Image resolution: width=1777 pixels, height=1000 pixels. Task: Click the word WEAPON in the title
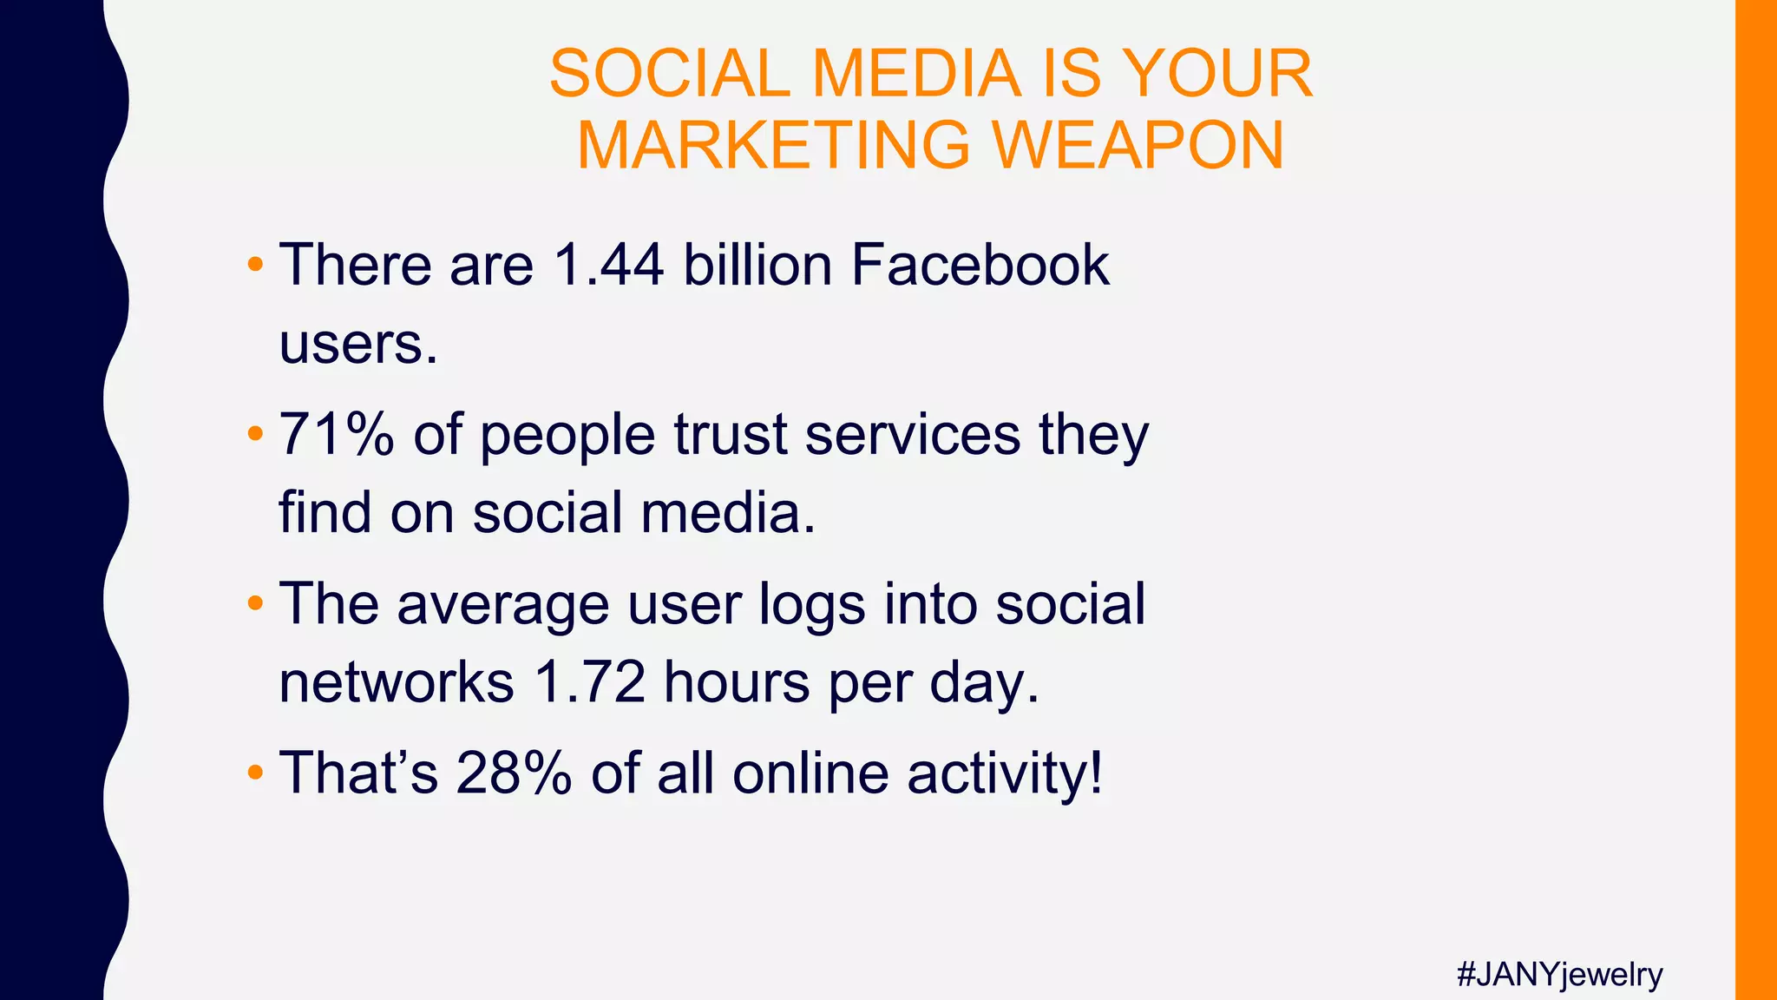click(x=1138, y=145)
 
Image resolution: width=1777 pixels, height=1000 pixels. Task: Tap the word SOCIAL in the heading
click(x=668, y=74)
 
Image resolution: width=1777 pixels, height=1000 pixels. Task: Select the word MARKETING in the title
click(x=773, y=145)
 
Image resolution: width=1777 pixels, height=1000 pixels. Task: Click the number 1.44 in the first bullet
click(x=608, y=264)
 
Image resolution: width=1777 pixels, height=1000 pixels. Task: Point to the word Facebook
click(x=980, y=264)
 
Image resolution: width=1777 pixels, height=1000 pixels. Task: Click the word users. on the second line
click(x=358, y=344)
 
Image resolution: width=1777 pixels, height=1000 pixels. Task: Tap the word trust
click(x=730, y=434)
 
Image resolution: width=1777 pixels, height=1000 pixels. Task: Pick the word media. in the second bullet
click(x=728, y=512)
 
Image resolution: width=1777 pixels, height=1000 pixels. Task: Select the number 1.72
click(x=589, y=682)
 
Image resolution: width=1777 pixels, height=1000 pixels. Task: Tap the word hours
click(x=737, y=682)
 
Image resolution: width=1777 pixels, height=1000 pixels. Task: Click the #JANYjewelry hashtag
click(x=1559, y=975)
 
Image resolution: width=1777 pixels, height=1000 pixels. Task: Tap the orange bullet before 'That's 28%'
click(x=254, y=772)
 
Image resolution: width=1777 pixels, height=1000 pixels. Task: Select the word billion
click(x=757, y=264)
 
